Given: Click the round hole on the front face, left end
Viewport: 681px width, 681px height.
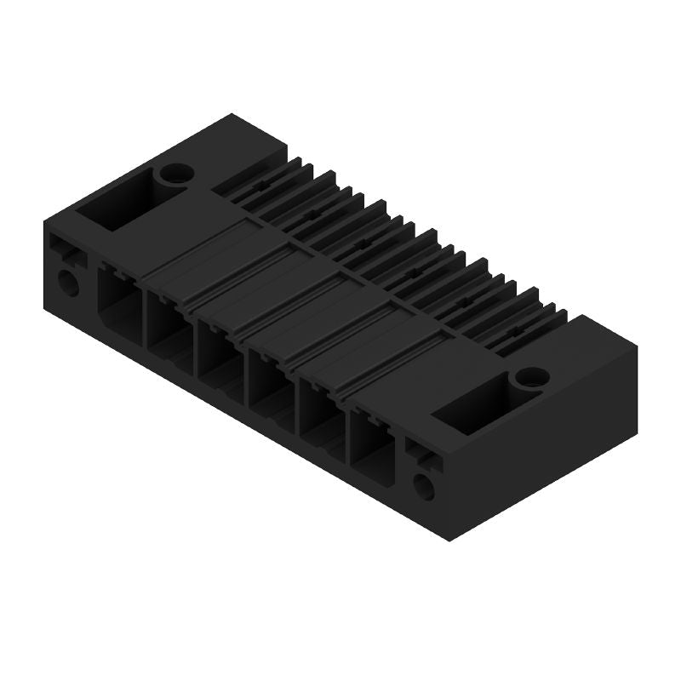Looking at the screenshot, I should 67,282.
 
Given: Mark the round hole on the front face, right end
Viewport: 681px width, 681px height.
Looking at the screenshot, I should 423,486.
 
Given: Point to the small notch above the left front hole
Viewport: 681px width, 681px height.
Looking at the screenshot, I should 65,250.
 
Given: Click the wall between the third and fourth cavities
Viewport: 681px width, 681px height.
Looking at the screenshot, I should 244,361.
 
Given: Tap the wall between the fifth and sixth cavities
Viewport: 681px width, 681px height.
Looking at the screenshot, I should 346,420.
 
